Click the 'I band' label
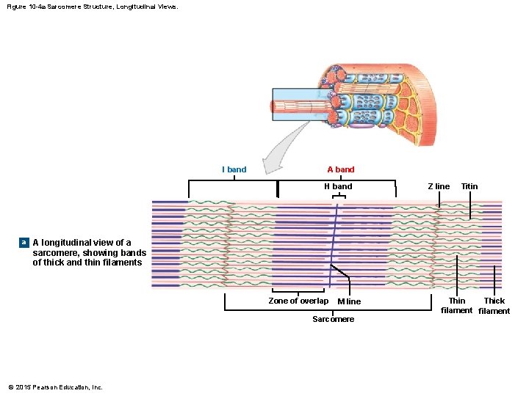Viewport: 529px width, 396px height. (234, 169)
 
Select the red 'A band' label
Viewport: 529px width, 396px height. (340, 169)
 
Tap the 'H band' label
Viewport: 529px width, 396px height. (338, 186)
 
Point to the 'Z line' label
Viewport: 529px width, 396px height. (439, 186)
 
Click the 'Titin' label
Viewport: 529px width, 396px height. (469, 186)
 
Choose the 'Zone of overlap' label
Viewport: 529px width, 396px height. (298, 301)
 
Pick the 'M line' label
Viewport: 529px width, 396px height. (349, 301)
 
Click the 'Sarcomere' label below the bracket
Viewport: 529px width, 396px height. (333, 319)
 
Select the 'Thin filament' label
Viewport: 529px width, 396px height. (456, 306)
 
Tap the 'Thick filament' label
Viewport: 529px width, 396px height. (494, 306)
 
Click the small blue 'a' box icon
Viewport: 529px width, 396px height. (24, 242)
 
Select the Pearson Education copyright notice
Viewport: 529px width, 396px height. (55, 387)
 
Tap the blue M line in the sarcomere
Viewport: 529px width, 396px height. (334, 242)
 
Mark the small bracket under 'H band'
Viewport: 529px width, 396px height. (338, 196)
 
